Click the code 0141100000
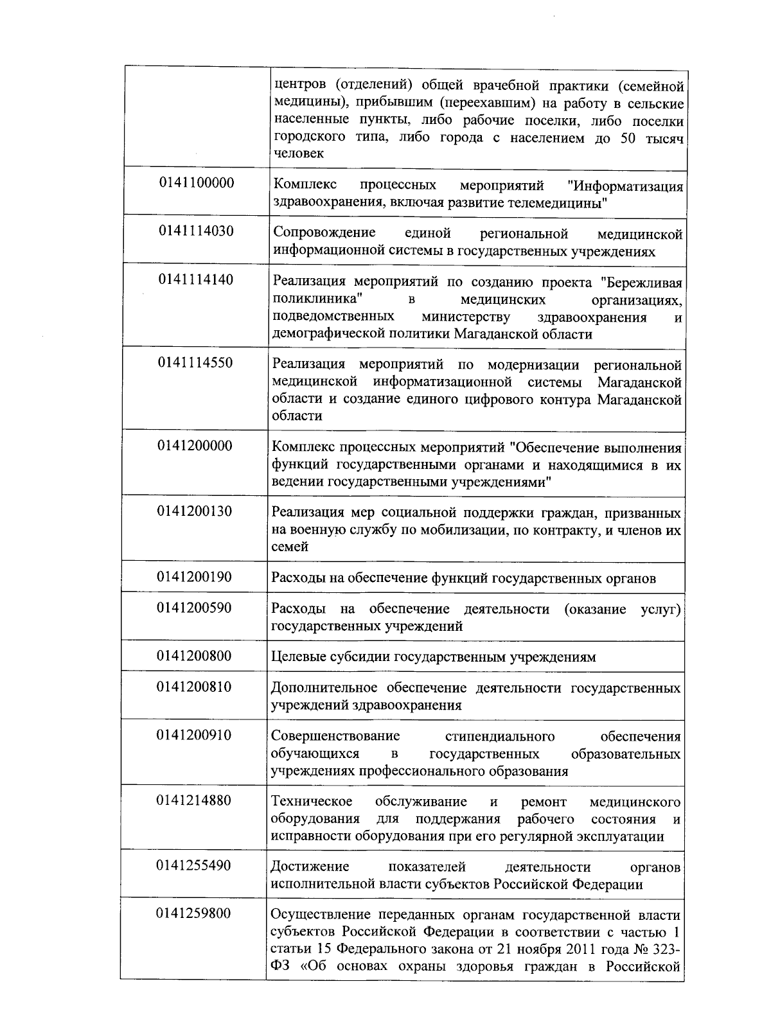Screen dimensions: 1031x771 pyautogui.click(x=197, y=183)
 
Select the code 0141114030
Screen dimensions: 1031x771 pyautogui.click(x=197, y=231)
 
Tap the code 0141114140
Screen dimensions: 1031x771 pyautogui.click(x=197, y=279)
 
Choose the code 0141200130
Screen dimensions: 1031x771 pyautogui.click(x=195, y=511)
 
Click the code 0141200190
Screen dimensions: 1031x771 pyautogui.click(x=195, y=577)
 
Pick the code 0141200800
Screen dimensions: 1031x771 pyautogui.click(x=195, y=656)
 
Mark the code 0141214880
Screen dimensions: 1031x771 pyautogui.click(x=194, y=800)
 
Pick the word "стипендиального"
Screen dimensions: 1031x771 pyautogui.click(x=500, y=736)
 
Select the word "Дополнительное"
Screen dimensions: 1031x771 pyautogui.click(x=324, y=689)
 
